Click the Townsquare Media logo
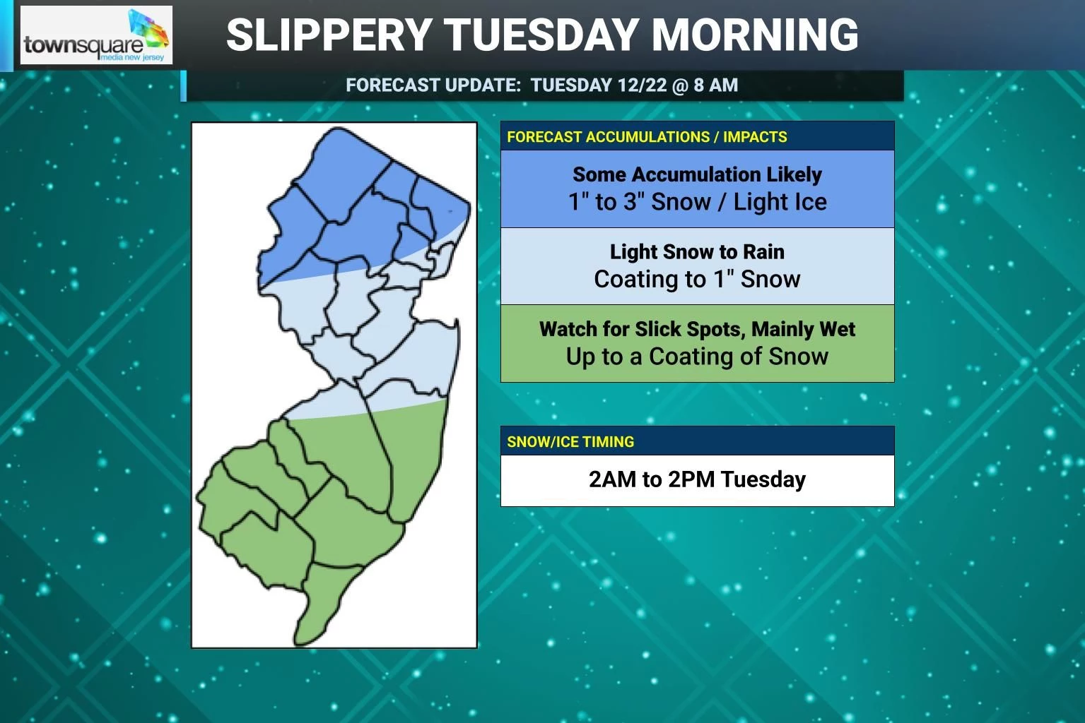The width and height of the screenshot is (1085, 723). tap(96, 35)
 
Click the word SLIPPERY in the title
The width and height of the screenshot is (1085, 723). tap(329, 35)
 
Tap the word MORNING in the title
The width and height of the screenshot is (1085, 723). tap(754, 35)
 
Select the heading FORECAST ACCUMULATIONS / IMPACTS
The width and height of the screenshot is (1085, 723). tap(647, 137)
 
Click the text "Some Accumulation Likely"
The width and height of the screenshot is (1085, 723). tap(697, 174)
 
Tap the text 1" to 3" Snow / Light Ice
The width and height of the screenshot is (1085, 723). tap(697, 203)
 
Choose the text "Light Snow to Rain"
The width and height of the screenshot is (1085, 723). tap(697, 252)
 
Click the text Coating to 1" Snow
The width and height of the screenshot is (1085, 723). tap(697, 280)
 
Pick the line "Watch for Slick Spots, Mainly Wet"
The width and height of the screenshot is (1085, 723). tap(697, 329)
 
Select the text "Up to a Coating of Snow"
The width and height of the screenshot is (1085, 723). tap(697, 357)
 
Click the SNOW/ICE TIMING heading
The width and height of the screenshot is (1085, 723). tap(570, 442)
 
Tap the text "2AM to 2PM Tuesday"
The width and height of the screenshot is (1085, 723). tap(697, 480)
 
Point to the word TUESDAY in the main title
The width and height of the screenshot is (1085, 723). tap(542, 35)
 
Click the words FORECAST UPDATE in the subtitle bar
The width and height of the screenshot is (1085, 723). tap(433, 85)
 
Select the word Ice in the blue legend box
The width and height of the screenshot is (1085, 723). tap(809, 203)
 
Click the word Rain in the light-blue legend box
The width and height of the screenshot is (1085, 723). tap(764, 252)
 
